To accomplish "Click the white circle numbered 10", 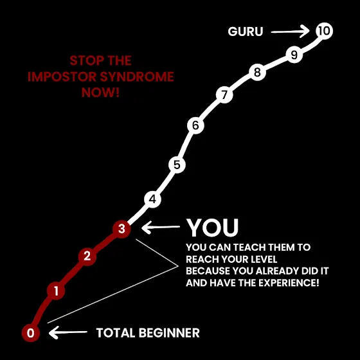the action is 324,31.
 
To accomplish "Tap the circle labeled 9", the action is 294,55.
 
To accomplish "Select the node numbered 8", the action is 257,72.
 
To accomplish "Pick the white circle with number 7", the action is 224,94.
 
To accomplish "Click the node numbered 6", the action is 195,125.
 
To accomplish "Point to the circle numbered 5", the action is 177,165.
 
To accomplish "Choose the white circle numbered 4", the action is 152,199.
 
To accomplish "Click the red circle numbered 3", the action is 122,229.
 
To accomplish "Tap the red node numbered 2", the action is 87,256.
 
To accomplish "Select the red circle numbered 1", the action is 56,291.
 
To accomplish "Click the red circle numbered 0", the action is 31,333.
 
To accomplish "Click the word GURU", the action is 245,32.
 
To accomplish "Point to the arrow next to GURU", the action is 290,32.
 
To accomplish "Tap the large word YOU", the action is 212,228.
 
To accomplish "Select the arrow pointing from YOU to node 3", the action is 161,228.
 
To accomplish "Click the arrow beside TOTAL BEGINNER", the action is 68,332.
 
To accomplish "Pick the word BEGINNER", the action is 169,333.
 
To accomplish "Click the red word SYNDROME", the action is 137,76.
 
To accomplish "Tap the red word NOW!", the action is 100,93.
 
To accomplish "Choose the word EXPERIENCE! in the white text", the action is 289,283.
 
